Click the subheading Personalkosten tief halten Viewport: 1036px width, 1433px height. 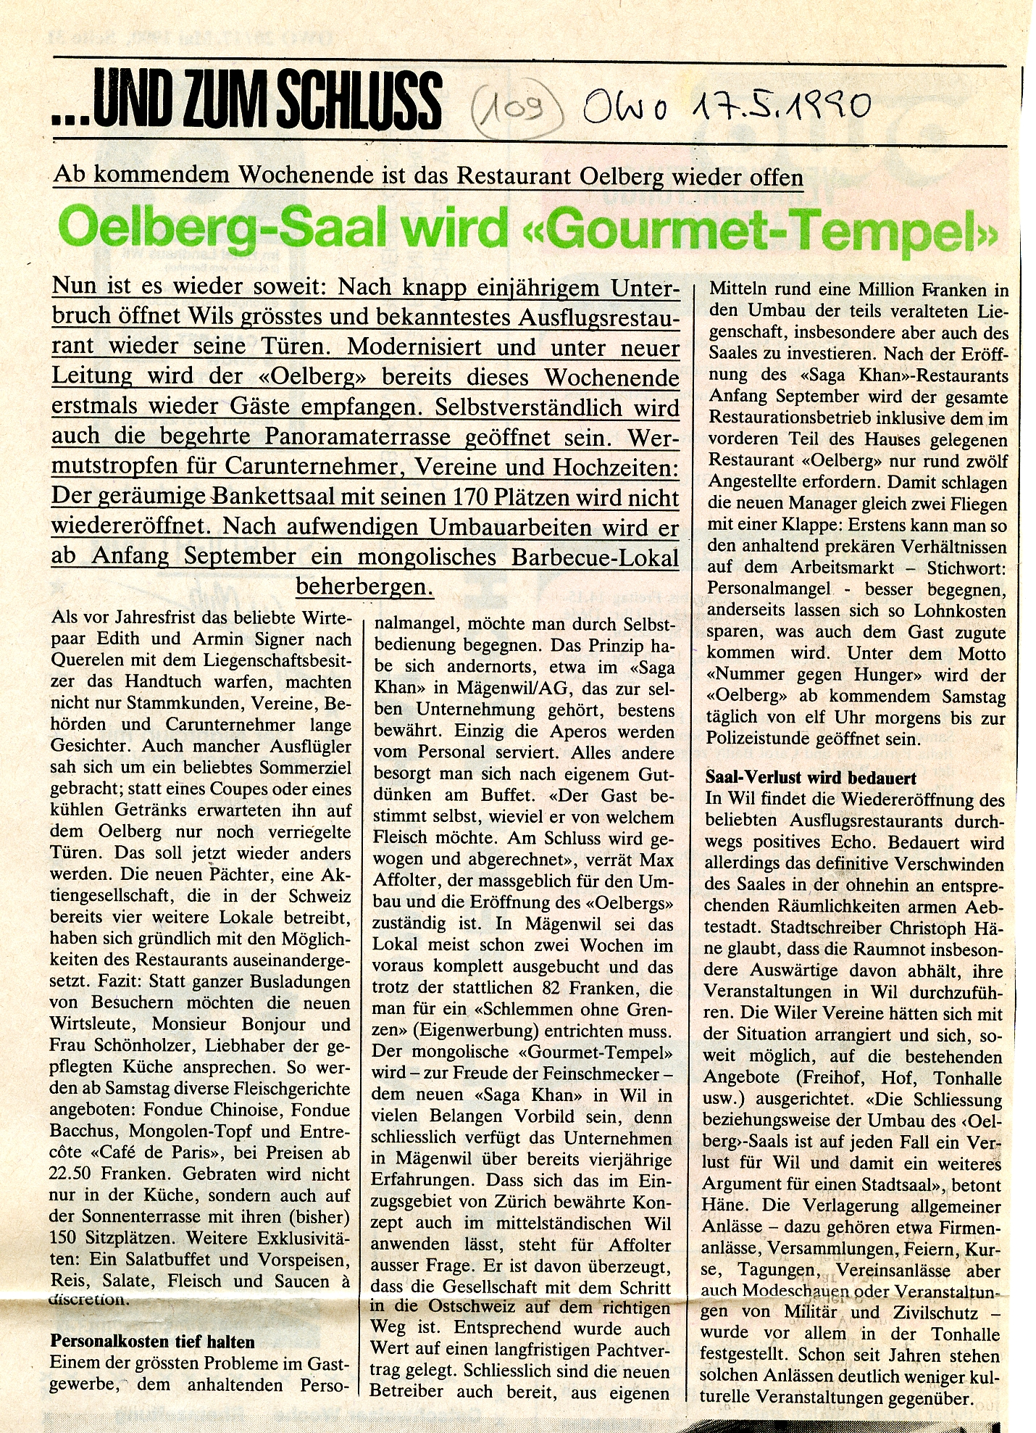point(151,1341)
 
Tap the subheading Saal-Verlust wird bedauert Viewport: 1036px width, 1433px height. point(811,778)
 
